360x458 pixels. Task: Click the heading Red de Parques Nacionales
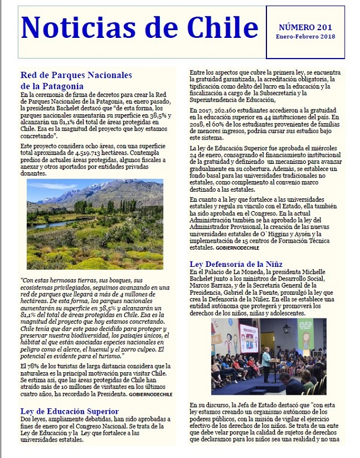tap(76, 75)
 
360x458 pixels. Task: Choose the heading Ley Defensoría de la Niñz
tap(236, 263)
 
